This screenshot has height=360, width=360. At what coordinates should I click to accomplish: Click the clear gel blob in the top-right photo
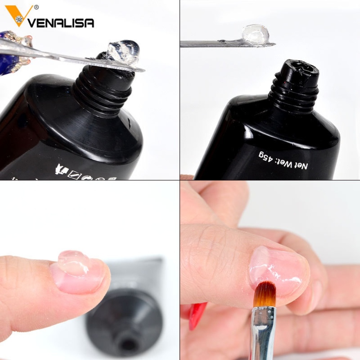(x=256, y=35)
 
